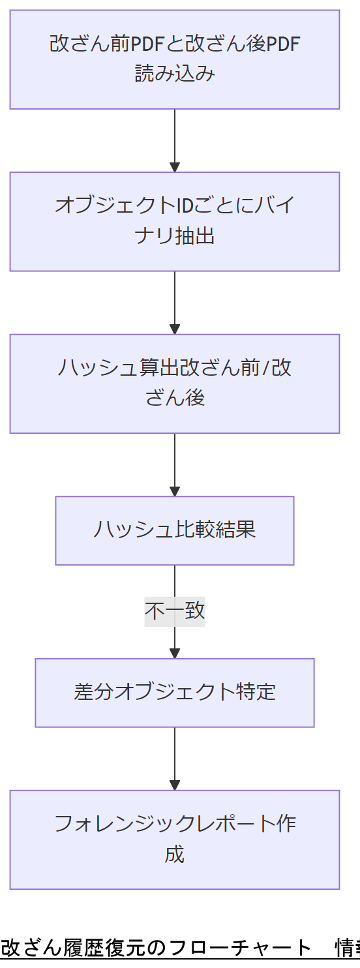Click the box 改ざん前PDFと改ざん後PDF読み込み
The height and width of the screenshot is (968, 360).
click(174, 59)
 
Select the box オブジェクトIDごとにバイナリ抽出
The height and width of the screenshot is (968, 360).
click(174, 221)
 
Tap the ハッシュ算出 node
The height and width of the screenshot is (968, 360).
click(174, 384)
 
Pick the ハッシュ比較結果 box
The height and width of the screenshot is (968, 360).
click(174, 530)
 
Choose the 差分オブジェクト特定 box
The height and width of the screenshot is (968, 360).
click(174, 693)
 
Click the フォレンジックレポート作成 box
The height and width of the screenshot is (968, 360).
click(174, 839)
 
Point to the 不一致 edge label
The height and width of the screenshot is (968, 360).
click(174, 611)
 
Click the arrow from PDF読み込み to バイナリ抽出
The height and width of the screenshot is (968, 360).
click(174, 140)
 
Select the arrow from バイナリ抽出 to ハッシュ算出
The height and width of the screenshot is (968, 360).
click(174, 303)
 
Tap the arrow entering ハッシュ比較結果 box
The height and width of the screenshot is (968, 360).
click(174, 464)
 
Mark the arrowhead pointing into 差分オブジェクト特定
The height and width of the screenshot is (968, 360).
click(174, 653)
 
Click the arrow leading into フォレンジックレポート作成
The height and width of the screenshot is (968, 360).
click(174, 759)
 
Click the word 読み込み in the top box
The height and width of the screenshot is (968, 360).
click(174, 74)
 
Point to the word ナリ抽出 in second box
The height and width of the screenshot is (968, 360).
click(174, 235)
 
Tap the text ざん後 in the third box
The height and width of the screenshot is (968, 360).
click(174, 397)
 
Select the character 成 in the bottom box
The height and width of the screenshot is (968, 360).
click(174, 854)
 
